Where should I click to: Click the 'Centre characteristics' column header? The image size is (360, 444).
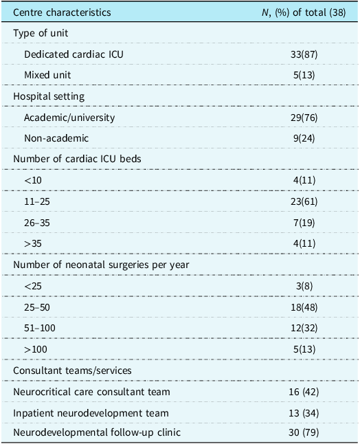click(62, 12)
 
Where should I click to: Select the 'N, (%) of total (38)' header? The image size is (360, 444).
click(304, 12)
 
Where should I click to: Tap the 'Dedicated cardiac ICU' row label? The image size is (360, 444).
click(74, 54)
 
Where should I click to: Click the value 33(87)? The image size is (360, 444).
click(304, 54)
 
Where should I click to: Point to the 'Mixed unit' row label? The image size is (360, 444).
click(47, 75)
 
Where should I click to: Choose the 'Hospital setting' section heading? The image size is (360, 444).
click(49, 96)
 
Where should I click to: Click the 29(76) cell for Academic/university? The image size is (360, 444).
click(304, 118)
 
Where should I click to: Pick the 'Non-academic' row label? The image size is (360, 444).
click(56, 138)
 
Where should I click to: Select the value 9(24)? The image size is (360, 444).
click(304, 138)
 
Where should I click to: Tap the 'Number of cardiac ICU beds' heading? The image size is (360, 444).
click(77, 159)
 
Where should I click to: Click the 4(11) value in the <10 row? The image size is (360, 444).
click(304, 180)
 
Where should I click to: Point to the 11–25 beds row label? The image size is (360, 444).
click(37, 201)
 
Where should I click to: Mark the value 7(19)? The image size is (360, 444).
click(304, 223)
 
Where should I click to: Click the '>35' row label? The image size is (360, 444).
click(33, 243)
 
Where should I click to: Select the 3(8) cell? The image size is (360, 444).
click(304, 286)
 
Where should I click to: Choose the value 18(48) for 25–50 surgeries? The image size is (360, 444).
click(304, 307)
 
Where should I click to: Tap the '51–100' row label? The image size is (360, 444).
click(40, 328)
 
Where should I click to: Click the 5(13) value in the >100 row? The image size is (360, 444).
click(304, 349)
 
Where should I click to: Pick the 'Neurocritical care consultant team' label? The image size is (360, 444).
click(91, 392)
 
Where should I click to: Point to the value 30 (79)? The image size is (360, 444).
click(304, 432)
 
